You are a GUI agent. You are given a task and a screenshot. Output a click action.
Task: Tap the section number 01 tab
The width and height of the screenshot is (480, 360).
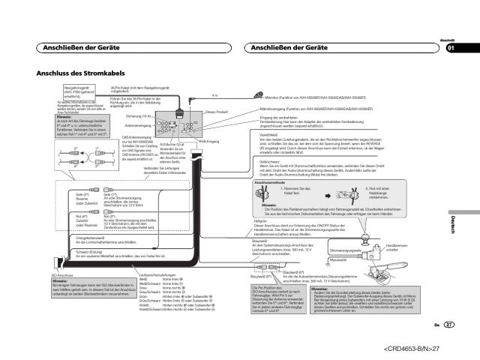tap(451, 49)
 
